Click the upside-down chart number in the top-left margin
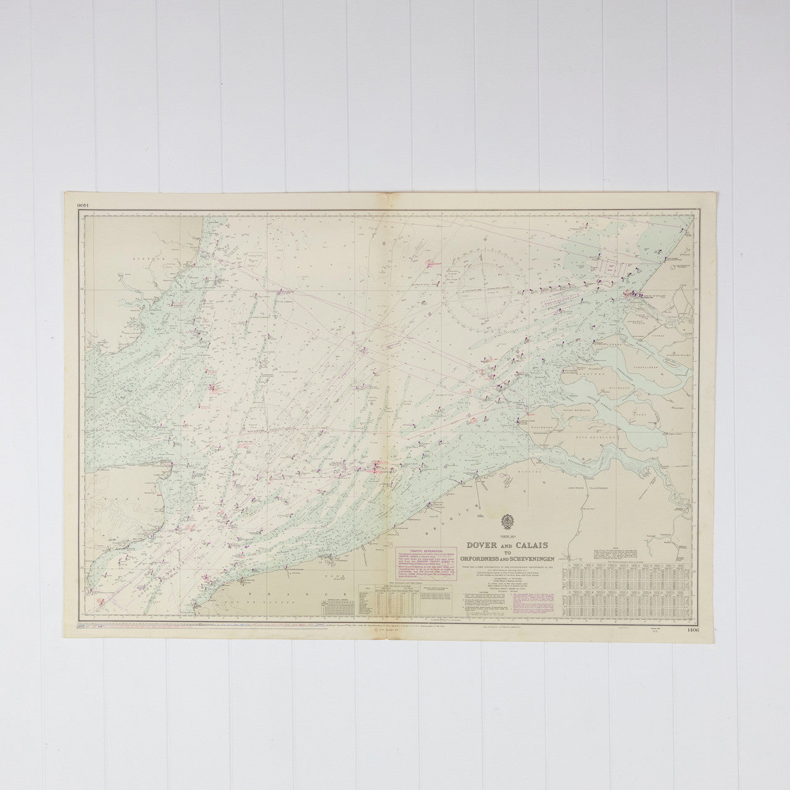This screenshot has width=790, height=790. pos(84,206)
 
